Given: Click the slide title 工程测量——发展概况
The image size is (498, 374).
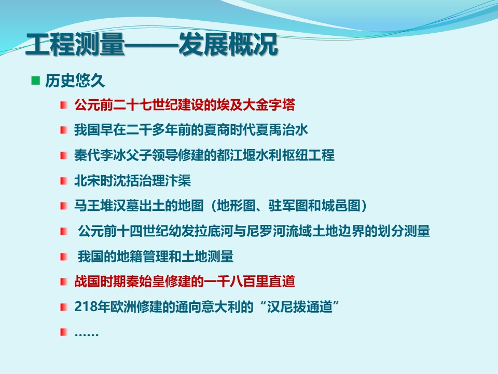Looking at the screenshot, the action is coord(151,44).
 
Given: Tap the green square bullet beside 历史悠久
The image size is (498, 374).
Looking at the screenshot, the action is coord(36,81).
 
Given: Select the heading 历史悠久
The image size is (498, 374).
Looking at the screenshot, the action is coord(75,81).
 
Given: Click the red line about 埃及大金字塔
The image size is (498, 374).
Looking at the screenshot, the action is coord(185,104).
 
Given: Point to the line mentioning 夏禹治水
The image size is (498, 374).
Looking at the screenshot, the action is coord(191,130).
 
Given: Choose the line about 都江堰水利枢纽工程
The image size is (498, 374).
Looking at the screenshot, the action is coord(204,155).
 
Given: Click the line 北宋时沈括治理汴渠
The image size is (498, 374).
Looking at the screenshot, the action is coord(132,181).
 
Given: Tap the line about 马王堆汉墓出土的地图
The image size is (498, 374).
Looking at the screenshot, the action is coord(221,206).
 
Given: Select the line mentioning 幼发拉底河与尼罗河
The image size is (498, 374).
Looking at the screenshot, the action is coord(254,231).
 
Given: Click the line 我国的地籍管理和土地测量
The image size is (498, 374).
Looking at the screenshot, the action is coord(156,256).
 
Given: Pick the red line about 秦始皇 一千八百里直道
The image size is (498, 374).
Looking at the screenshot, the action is coord(185,282).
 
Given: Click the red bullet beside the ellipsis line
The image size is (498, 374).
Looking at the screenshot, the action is coord(64,332).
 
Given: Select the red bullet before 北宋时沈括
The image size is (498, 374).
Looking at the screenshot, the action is coord(64,181).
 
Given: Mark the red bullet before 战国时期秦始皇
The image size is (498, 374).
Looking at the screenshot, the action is coord(64,282).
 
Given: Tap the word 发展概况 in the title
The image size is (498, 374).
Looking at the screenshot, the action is coord(228,44).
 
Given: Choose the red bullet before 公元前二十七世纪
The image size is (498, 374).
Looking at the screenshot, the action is coord(64,104).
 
